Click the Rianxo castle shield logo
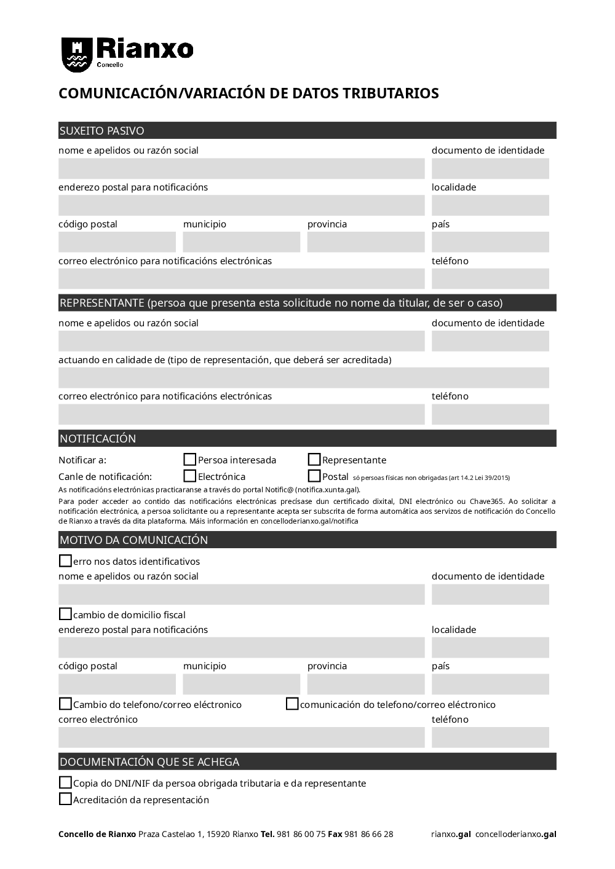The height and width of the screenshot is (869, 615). coord(77,53)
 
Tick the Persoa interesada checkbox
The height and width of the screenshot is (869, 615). coord(190,460)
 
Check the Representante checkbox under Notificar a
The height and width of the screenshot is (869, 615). coord(314,460)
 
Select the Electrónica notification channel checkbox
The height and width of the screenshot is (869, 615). coord(190,476)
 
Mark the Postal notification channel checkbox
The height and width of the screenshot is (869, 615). coord(314,476)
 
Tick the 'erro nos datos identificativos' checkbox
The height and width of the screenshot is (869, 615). coord(65,560)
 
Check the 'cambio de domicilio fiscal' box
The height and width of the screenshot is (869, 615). coord(65,614)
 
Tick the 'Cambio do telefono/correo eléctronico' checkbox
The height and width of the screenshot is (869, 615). coord(65,704)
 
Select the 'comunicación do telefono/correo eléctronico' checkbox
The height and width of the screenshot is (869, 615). coord(292,704)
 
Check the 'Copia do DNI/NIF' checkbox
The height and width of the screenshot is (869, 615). coord(65,782)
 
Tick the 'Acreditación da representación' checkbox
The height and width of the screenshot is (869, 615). coord(65,799)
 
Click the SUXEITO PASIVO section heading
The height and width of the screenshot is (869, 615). coord(102,131)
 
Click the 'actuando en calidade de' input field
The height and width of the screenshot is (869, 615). coord(304,378)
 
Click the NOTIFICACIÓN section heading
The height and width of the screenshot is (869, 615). coord(98,439)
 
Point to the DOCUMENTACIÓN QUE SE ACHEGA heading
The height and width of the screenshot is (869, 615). coord(149,762)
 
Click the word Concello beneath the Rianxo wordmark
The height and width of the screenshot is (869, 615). coord(111,65)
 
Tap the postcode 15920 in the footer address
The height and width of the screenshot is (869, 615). coord(218,834)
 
